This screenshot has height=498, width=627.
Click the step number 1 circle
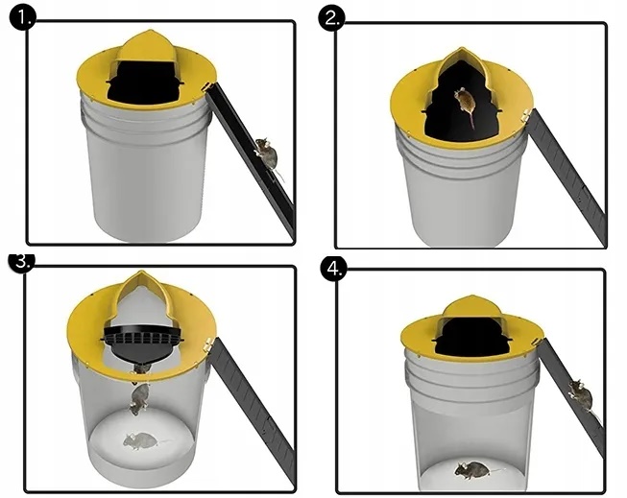(23, 18)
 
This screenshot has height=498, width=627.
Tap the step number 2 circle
(331, 18)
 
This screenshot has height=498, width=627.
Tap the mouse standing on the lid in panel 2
(465, 104)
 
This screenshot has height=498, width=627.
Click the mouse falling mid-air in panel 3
(138, 398)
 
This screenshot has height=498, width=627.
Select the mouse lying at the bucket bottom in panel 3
(142, 440)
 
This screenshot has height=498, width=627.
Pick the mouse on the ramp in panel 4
(582, 396)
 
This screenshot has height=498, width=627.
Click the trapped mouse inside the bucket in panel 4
(473, 469)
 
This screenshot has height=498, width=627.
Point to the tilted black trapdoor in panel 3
(143, 343)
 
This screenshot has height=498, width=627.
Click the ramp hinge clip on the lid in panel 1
(207, 87)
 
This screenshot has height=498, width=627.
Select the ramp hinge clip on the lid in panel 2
(526, 116)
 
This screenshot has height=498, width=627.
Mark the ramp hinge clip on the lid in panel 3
(208, 344)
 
